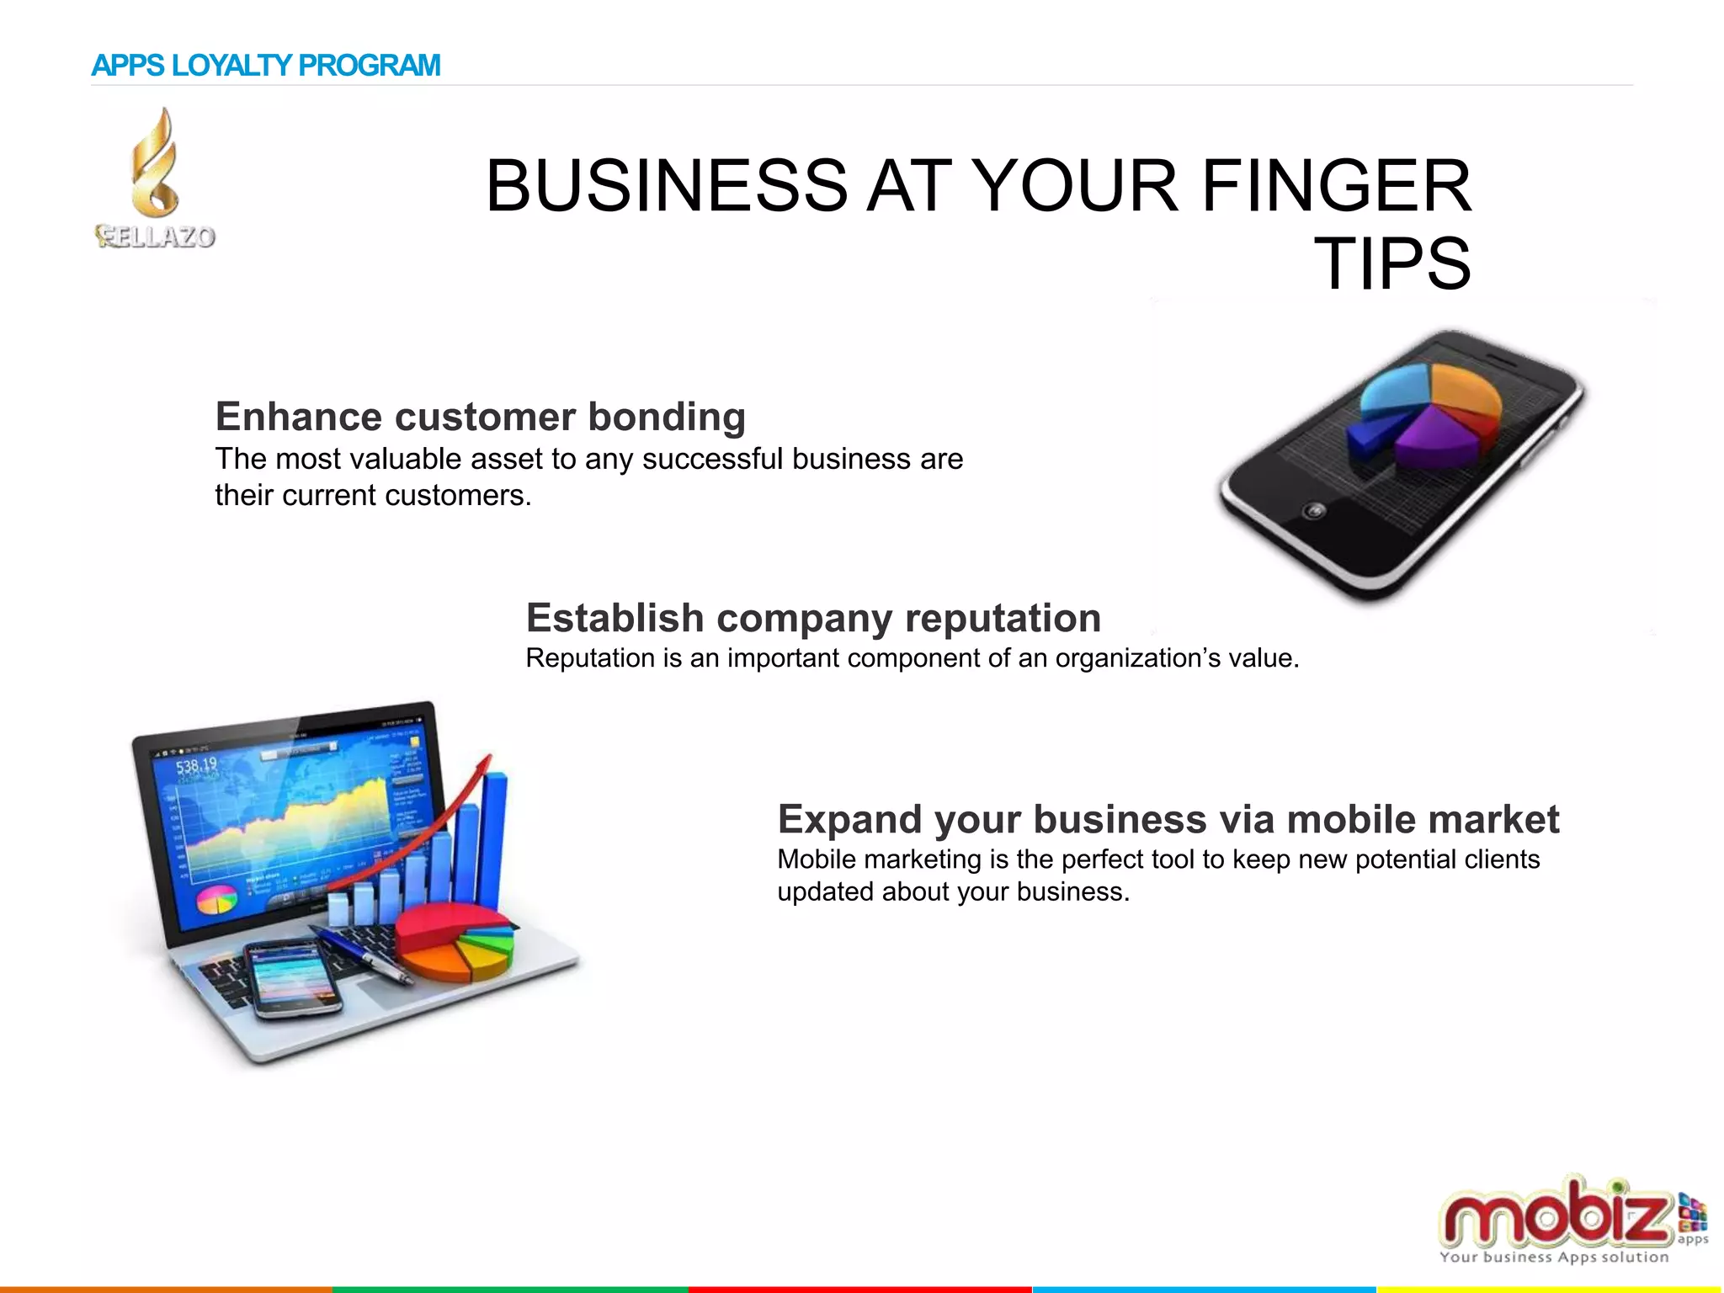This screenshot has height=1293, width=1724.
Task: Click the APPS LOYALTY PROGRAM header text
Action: tap(265, 66)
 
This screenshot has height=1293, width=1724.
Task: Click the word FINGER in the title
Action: tap(1336, 186)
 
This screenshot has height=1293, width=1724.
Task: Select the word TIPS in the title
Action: tap(1392, 264)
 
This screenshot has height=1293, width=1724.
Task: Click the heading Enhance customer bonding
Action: tap(480, 417)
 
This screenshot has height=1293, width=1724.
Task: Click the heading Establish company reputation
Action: tap(813, 618)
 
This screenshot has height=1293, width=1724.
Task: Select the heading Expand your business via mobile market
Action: tap(1168, 819)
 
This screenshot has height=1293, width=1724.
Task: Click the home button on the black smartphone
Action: tap(1314, 510)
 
